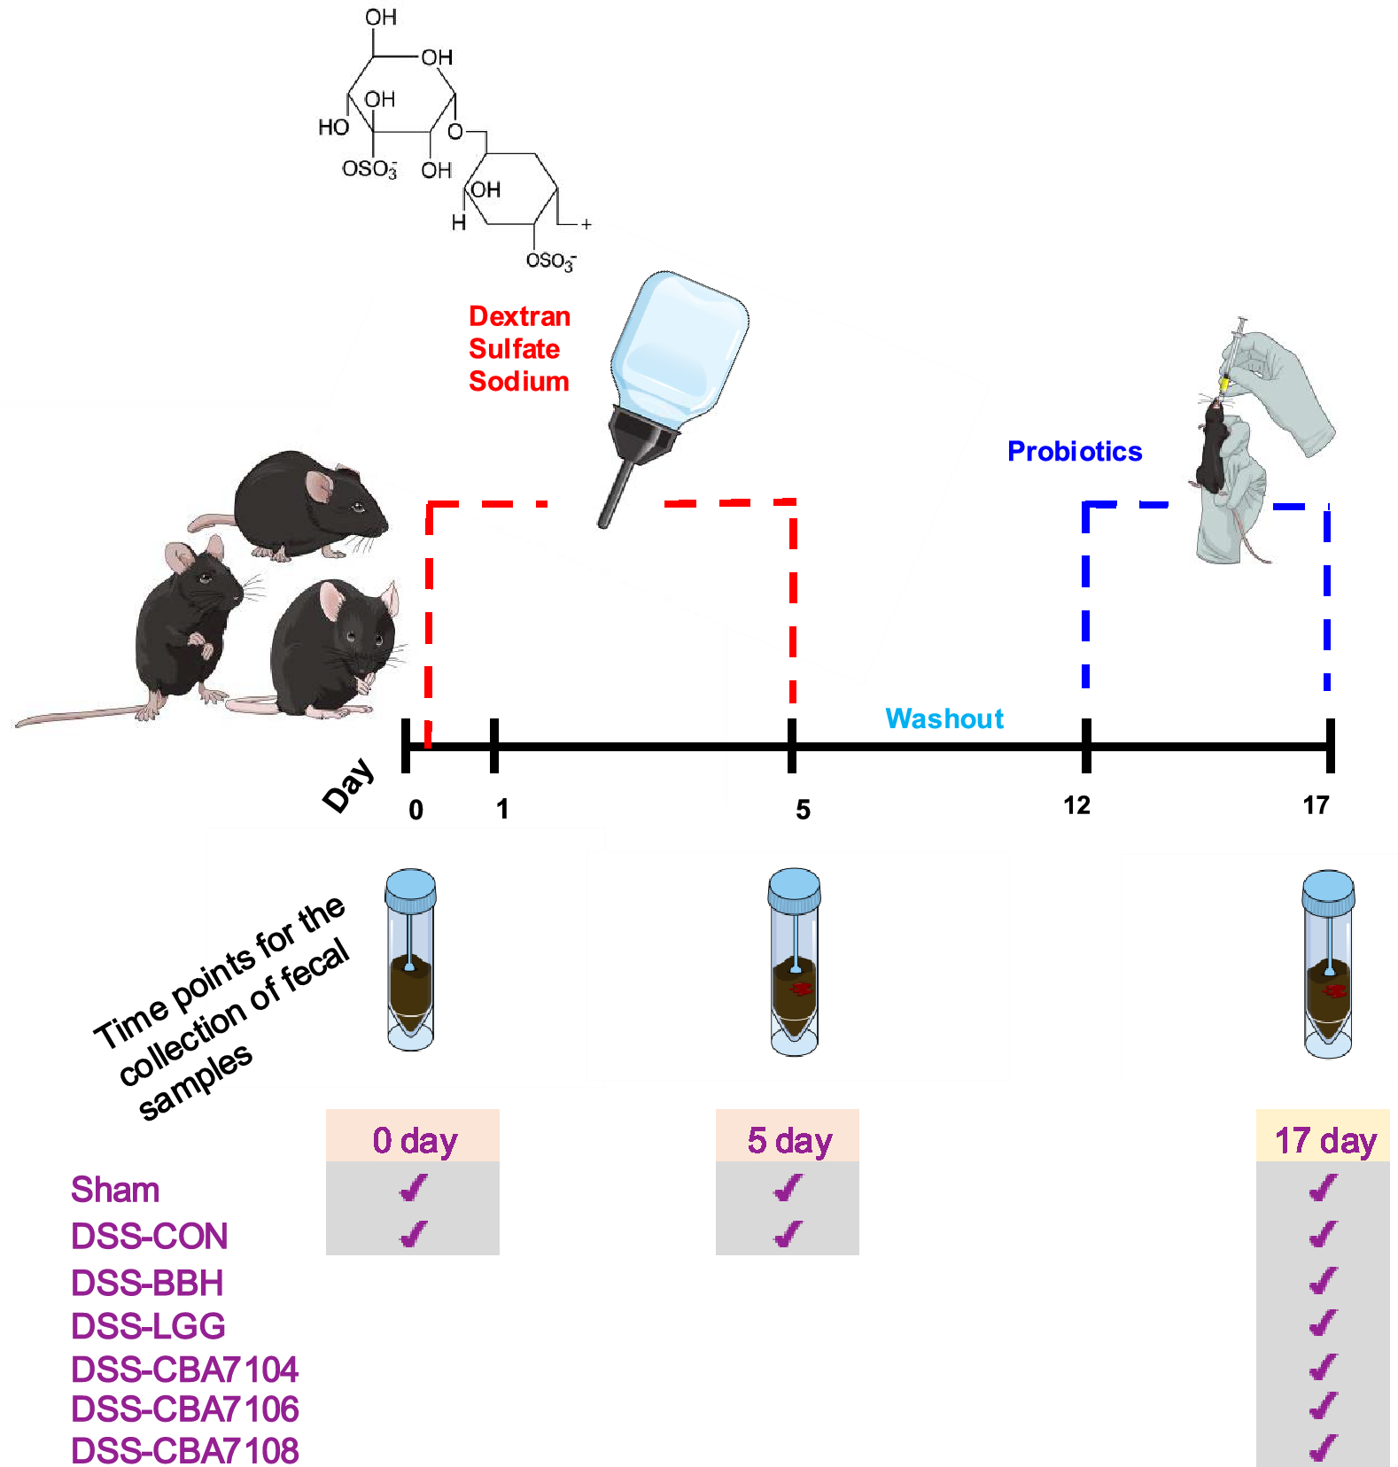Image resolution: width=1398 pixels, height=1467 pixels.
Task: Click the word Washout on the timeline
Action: click(x=944, y=718)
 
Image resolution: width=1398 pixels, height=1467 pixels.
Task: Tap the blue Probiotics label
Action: click(x=1075, y=452)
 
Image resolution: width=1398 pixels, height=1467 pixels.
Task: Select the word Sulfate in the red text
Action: click(x=514, y=349)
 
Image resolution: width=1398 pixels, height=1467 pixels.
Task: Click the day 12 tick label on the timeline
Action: click(x=1076, y=805)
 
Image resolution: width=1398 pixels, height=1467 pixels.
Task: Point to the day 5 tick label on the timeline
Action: click(x=803, y=810)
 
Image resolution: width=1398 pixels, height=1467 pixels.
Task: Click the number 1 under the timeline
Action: click(x=502, y=809)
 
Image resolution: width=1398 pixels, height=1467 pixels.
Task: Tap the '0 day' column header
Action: click(x=414, y=1140)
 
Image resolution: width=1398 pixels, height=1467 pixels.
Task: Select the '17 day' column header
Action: click(x=1324, y=1140)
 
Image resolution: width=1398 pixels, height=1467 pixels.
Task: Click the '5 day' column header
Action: click(x=788, y=1140)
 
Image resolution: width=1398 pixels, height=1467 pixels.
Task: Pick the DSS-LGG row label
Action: click(x=148, y=1326)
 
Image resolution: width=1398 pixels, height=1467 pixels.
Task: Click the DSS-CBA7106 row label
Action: click(x=184, y=1409)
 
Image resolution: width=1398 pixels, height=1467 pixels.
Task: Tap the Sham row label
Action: click(x=115, y=1190)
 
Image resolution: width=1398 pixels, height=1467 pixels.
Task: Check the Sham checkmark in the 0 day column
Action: click(x=414, y=1188)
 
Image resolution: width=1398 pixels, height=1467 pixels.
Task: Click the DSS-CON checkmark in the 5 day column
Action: click(x=788, y=1234)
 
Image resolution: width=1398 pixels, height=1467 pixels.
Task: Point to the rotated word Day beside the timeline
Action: click(x=349, y=785)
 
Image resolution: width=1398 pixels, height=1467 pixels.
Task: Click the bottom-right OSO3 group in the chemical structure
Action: click(x=550, y=260)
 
